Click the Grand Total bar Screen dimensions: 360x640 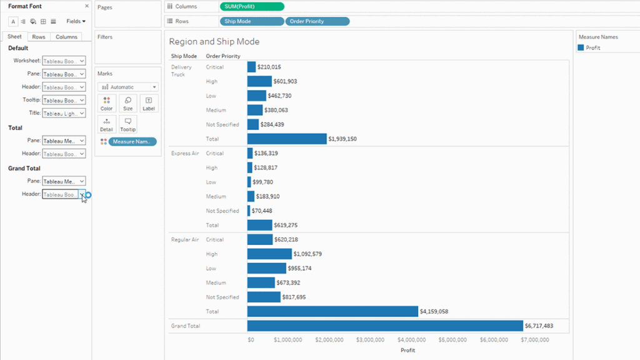pyautogui.click(x=384, y=326)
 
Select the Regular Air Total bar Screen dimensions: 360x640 pyautogui.click(x=332, y=311)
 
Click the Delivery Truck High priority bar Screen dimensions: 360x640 pyautogui.click(x=259, y=81)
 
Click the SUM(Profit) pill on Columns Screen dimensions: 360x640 pyautogui.click(x=252, y=6)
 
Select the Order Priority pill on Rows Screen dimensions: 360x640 pyautogui.click(x=317, y=21)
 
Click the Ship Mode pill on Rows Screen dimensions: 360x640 pyautogui.click(x=252, y=21)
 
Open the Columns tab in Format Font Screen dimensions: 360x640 pyautogui.click(x=66, y=37)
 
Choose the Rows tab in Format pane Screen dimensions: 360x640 pyautogui.click(x=39, y=37)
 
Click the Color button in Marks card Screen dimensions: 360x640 pyautogui.click(x=107, y=104)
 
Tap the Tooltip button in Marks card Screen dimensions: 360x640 pyautogui.click(x=127, y=124)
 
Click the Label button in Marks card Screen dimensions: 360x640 pyautogui.click(x=149, y=104)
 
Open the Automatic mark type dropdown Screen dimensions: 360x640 pyautogui.click(x=127, y=87)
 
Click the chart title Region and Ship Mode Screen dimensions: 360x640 pyautogui.click(x=214, y=42)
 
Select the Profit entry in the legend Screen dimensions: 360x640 pyautogui.click(x=592, y=48)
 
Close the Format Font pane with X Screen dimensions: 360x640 pyautogui.click(x=87, y=6)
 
